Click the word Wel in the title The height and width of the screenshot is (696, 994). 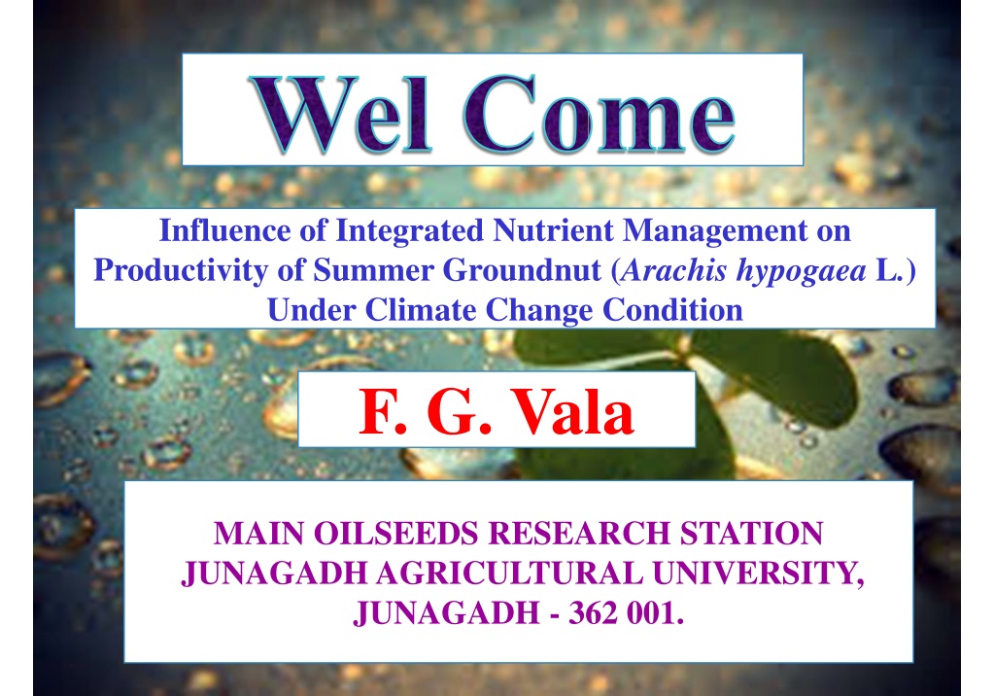[342, 114]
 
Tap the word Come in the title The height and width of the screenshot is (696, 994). [600, 114]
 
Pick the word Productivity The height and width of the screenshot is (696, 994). [182, 271]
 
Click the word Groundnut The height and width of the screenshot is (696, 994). [522, 269]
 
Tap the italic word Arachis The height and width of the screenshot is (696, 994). [674, 269]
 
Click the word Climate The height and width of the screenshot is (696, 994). [421, 310]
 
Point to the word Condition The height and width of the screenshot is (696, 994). [672, 310]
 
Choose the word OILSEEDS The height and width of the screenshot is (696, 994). [395, 533]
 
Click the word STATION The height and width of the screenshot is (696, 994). [751, 533]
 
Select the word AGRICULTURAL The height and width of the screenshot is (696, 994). [510, 573]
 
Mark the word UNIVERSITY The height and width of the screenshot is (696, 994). [758, 574]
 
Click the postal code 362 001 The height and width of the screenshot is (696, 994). [627, 612]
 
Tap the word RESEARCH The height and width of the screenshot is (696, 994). [579, 533]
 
